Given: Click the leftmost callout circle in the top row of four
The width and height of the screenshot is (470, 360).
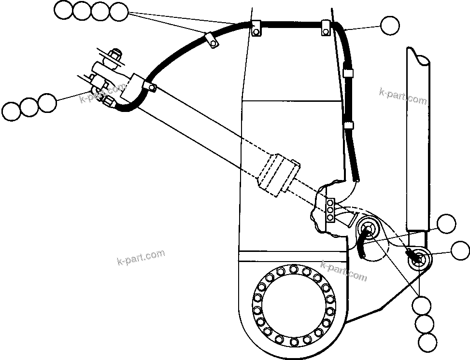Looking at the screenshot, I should coord(63,10).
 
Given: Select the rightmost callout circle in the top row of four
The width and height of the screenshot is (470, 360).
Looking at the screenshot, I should coord(118,12).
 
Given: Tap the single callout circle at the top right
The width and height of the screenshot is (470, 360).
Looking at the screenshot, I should coord(390,26).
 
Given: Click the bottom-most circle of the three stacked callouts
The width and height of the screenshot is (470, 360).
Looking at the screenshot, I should coord(427,343).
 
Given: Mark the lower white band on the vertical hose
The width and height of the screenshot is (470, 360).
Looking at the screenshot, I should coord(349,126).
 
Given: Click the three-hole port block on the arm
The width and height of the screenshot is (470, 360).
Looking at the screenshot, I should coord(330,210).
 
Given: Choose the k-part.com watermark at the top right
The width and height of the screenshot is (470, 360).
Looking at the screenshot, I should coord(403,97).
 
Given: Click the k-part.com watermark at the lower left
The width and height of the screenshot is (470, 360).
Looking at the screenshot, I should coord(141,257).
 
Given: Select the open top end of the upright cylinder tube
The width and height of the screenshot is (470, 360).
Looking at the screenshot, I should coord(418,57).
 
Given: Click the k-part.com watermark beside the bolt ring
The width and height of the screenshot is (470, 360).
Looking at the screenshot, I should coord(343,271).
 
